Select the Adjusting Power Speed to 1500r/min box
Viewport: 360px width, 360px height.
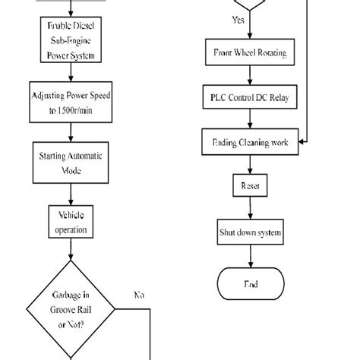click(70, 103)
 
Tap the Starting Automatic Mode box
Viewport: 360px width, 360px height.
click(70, 162)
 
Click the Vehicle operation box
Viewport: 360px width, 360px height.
click(70, 222)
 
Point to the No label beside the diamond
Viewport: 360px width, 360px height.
click(139, 294)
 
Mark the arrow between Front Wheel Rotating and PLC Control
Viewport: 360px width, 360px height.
click(244, 76)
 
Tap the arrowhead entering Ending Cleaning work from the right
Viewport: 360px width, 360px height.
click(302, 141)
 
